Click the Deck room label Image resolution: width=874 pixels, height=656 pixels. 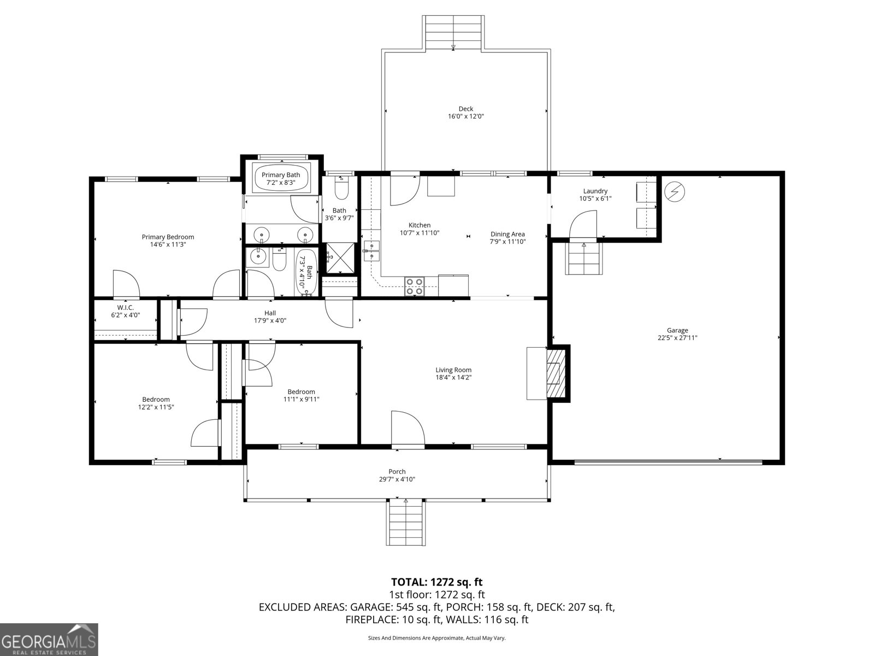(465, 109)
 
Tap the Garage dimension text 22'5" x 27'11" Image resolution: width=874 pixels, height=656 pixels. (677, 338)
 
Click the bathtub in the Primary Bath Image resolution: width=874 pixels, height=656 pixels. (281, 178)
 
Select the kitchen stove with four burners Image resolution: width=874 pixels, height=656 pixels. (415, 286)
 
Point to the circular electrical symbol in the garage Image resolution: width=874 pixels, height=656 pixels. (674, 192)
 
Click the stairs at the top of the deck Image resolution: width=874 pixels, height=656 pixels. (453, 33)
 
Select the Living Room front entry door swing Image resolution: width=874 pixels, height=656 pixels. (408, 430)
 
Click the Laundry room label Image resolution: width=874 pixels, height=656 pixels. (595, 191)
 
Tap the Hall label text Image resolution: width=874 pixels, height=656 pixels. (270, 313)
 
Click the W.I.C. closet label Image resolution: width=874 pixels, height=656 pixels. (125, 308)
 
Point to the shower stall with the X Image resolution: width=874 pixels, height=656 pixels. (339, 258)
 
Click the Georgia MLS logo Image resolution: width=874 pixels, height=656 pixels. (49, 639)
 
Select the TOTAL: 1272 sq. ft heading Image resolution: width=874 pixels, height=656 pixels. (436, 582)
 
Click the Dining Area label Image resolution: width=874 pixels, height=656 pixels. (507, 234)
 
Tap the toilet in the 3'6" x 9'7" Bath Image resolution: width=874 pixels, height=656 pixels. (341, 189)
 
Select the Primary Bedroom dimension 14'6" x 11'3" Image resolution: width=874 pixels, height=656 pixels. (168, 244)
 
